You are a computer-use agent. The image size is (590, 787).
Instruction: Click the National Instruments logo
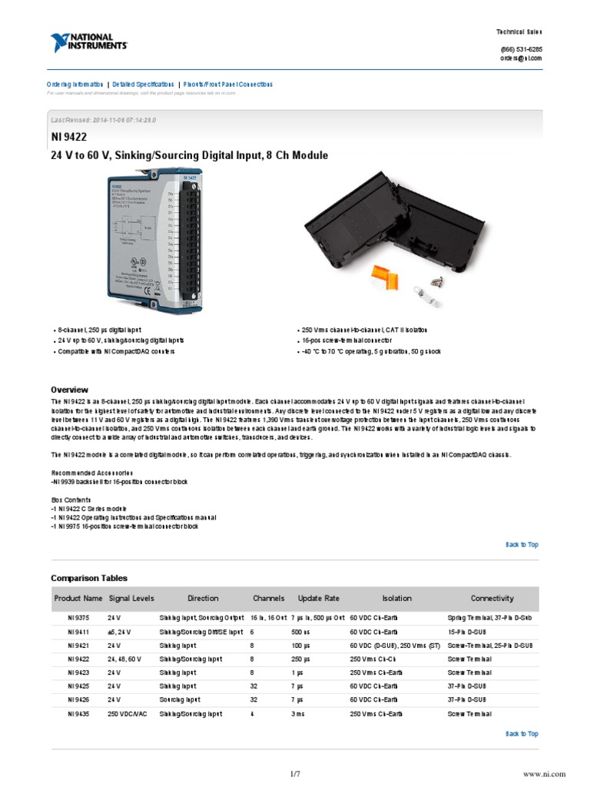(89, 42)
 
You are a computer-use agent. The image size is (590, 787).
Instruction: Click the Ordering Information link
(75, 85)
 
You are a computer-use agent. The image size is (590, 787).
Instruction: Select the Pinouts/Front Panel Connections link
(227, 85)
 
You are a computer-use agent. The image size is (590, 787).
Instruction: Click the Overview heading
(69, 390)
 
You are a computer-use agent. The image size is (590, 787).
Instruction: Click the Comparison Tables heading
(89, 578)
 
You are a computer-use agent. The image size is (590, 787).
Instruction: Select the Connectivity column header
(492, 599)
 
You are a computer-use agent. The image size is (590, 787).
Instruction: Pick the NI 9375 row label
(78, 617)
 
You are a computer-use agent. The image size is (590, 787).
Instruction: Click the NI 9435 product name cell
(78, 714)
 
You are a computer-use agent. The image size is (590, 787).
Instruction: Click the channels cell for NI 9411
(252, 632)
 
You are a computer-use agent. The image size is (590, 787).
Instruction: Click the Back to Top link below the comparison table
(522, 734)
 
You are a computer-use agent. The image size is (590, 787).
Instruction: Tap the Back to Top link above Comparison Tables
(522, 545)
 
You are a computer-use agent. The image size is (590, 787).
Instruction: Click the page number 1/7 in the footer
(295, 774)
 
